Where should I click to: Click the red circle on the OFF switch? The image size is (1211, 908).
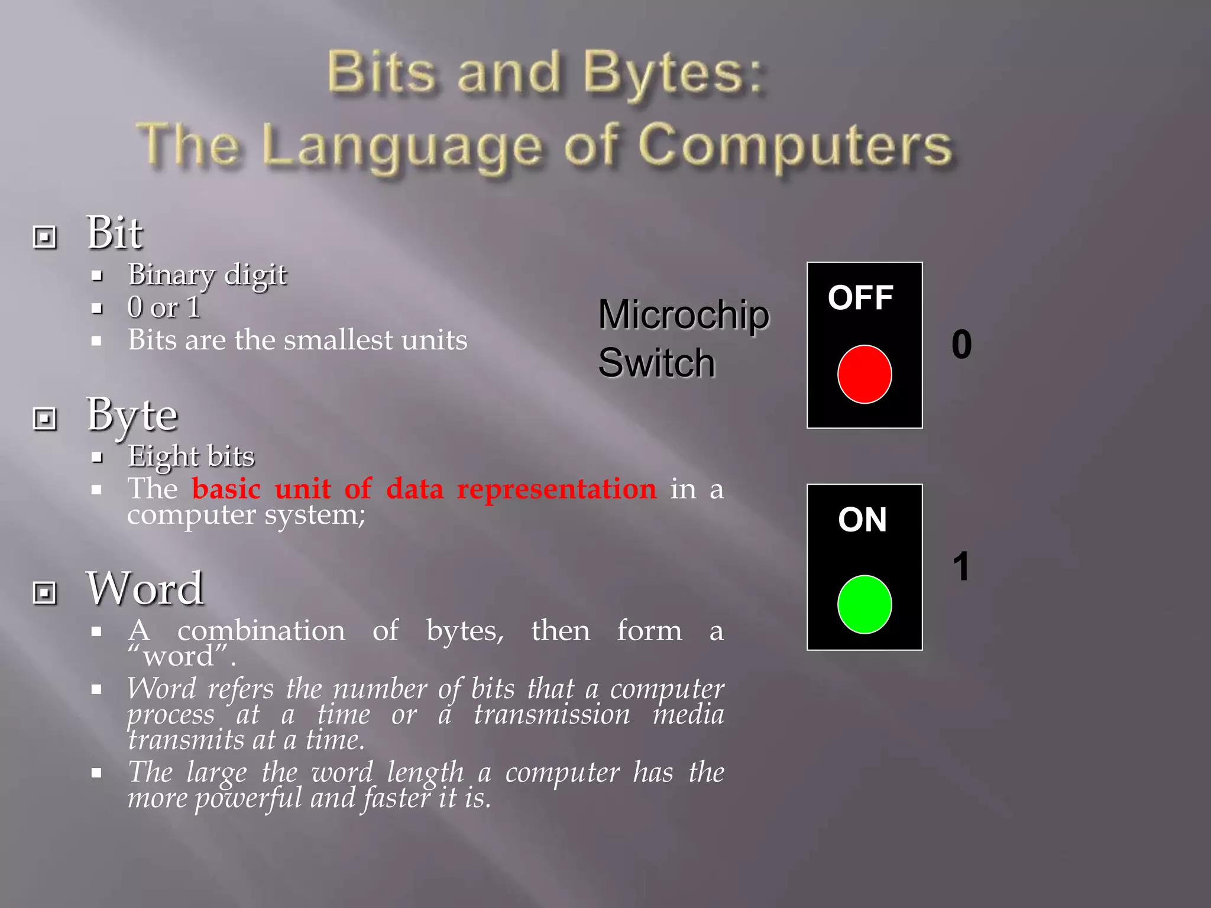point(864,374)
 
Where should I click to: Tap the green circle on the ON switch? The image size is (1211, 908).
point(864,604)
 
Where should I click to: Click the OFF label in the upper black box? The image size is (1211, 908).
point(860,297)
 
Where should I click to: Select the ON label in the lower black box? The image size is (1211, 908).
point(862,520)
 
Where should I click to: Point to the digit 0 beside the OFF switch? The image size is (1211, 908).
point(961,345)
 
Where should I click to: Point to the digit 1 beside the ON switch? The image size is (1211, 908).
point(961,566)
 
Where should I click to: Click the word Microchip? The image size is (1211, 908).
point(684,314)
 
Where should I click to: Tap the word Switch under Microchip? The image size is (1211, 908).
point(656,362)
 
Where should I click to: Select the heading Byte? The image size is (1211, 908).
point(132,415)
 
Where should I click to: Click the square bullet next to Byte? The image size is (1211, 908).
point(45,419)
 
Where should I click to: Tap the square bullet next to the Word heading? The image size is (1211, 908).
point(45,592)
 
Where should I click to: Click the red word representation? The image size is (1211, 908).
point(556,489)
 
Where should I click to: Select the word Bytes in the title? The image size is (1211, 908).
point(672,74)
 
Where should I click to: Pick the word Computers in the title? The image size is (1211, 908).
point(795,146)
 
